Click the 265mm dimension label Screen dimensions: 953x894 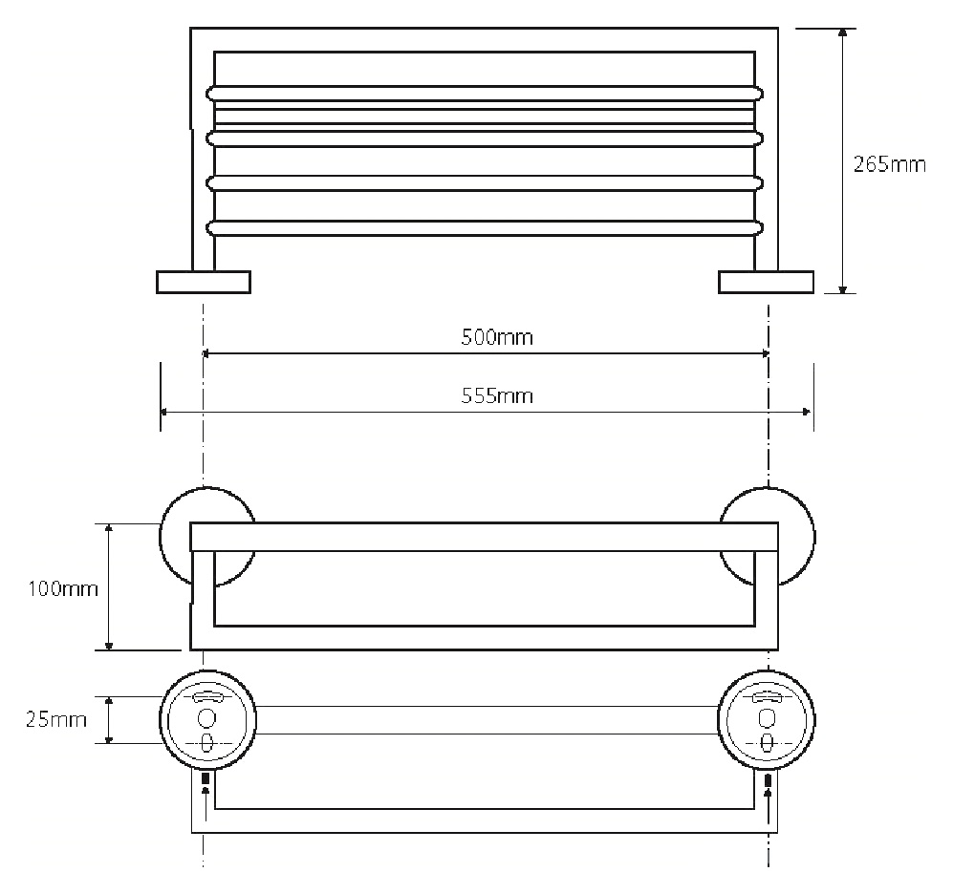(889, 164)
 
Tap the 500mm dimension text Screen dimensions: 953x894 (496, 337)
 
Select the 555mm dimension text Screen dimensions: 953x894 (496, 396)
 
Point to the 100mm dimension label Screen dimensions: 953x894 (62, 588)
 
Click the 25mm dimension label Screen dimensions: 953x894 (55, 720)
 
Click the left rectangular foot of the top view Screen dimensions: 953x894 (204, 283)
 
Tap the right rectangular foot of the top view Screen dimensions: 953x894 (766, 283)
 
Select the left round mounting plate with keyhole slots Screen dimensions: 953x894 (207, 720)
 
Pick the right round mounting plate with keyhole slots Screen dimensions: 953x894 (767, 720)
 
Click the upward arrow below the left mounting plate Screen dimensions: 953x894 (206, 800)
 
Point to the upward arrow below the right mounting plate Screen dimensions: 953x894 (769, 800)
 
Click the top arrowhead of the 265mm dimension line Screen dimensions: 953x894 (842, 32)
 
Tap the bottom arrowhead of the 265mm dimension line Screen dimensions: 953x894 (842, 288)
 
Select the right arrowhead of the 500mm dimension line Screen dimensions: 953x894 (766, 353)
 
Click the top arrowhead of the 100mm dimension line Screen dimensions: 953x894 (109, 528)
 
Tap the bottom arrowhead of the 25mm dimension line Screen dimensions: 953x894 (109, 738)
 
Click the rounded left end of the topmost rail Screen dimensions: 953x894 (211, 94)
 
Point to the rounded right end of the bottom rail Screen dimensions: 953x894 (758, 227)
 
